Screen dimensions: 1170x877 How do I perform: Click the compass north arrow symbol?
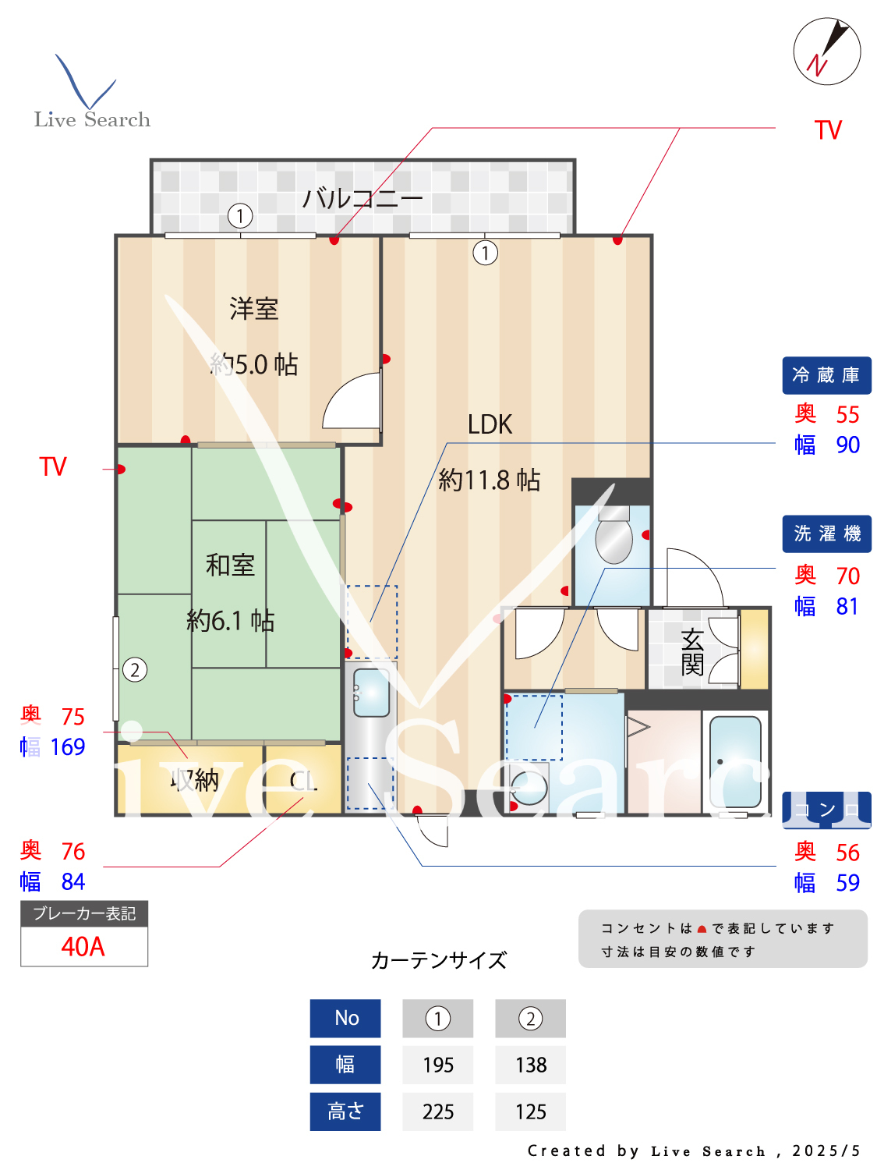(x=827, y=51)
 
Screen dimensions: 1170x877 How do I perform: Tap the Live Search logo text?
(x=92, y=119)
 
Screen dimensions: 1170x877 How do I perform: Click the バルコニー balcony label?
(x=362, y=198)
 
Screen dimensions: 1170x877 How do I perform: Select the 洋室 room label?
(x=254, y=309)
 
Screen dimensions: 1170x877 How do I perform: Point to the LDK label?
(x=490, y=425)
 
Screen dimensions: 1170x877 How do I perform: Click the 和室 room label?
(x=230, y=565)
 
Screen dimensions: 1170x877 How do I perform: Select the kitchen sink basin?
(x=371, y=693)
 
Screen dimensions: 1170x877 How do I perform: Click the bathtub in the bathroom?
(x=735, y=761)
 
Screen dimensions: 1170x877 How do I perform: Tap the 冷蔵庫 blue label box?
(x=826, y=376)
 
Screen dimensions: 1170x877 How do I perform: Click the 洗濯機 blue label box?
(x=826, y=534)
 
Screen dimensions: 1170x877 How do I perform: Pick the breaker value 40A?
(x=83, y=947)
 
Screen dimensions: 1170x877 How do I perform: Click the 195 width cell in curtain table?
(x=438, y=1065)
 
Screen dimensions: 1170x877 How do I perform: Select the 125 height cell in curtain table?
(x=531, y=1112)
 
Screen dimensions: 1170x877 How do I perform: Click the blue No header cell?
(x=345, y=1019)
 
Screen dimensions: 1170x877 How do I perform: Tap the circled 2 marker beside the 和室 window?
(x=135, y=670)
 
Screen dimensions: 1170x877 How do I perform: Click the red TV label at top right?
(x=828, y=130)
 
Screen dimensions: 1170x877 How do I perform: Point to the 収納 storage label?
(x=195, y=780)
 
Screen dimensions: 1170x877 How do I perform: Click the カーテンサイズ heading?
(x=439, y=960)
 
